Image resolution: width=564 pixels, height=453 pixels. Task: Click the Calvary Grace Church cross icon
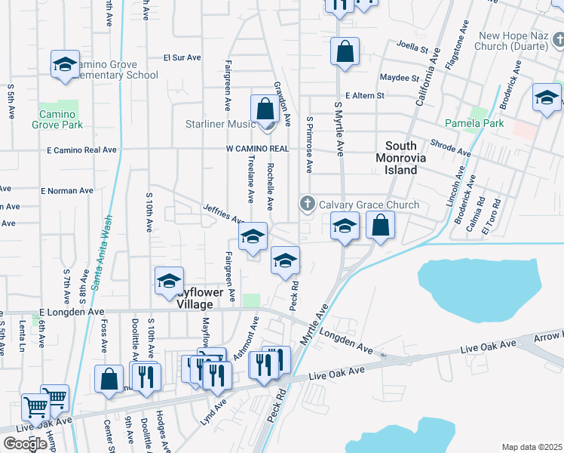tap(307, 205)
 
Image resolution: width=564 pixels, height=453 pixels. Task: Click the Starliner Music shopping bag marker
tap(265, 108)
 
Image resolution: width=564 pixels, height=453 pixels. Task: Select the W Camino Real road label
tap(257, 149)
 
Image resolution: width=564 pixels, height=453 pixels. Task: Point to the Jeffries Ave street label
tap(223, 214)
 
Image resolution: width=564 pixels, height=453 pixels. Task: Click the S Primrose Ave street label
tap(309, 149)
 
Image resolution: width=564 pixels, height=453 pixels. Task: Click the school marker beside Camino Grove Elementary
tap(65, 65)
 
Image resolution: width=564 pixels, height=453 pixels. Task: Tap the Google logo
tap(25, 444)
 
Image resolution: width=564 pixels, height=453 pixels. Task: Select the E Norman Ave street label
tap(69, 191)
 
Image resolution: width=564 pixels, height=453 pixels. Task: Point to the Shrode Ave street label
tap(450, 146)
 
